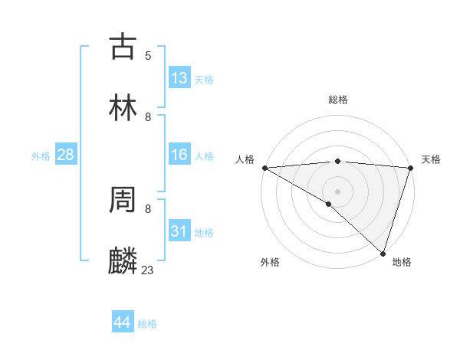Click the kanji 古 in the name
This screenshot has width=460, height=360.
(x=123, y=47)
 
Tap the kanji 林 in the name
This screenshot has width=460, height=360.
(x=123, y=108)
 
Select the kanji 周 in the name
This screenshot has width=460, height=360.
(x=123, y=200)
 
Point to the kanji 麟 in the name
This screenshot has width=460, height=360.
(x=123, y=261)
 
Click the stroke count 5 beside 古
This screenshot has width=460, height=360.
(x=148, y=55)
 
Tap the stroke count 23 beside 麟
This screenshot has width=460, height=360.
(x=148, y=270)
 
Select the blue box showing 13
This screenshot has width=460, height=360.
(x=179, y=78)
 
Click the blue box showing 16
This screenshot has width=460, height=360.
(x=179, y=155)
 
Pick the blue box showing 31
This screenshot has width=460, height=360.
(x=179, y=231)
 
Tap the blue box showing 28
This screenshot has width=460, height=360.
(x=65, y=155)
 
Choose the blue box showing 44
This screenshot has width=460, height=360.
(x=122, y=322)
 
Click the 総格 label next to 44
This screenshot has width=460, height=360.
(x=147, y=324)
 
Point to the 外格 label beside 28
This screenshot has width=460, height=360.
(x=41, y=156)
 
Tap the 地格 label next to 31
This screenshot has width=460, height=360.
(x=204, y=233)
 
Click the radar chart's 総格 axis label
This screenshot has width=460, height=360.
(x=337, y=100)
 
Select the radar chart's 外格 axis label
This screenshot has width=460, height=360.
(x=270, y=262)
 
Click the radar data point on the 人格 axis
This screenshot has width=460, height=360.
(x=264, y=168)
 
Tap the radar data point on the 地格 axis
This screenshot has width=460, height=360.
(x=383, y=253)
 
